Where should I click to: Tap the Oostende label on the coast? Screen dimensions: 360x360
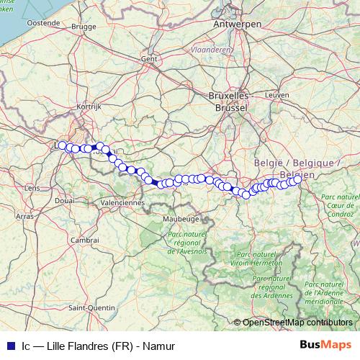pos(42,23)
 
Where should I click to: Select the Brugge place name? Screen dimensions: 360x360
pos(84,27)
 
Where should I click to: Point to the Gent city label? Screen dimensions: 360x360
pos(150,58)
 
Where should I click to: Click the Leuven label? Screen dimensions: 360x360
pos(276,94)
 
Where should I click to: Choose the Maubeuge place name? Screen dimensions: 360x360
pos(181,217)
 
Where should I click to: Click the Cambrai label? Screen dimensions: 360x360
pos(85,240)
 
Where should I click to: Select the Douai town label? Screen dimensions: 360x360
pos(64,201)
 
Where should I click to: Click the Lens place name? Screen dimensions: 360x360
pos(32,188)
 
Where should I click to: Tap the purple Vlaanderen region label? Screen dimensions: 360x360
pos(211,50)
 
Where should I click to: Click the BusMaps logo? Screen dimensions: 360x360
pos(330,346)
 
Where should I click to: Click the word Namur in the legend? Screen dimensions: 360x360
pos(160,346)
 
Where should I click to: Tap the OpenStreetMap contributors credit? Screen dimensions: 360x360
pos(297,323)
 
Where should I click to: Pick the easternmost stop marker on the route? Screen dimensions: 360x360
pos(296,180)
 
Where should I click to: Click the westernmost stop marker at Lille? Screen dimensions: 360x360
pos(63,145)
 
